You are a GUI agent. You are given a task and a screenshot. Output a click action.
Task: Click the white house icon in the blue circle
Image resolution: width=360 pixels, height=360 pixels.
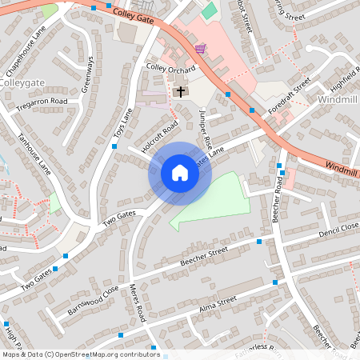click(179, 172)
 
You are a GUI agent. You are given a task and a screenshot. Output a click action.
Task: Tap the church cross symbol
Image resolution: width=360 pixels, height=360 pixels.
click(180, 92)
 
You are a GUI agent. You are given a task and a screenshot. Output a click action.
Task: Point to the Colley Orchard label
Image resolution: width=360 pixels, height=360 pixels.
click(170, 69)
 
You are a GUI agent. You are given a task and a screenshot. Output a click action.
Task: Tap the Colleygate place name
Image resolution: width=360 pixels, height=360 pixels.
click(22, 82)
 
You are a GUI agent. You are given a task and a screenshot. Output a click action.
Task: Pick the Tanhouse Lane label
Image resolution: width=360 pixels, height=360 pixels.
click(36, 156)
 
